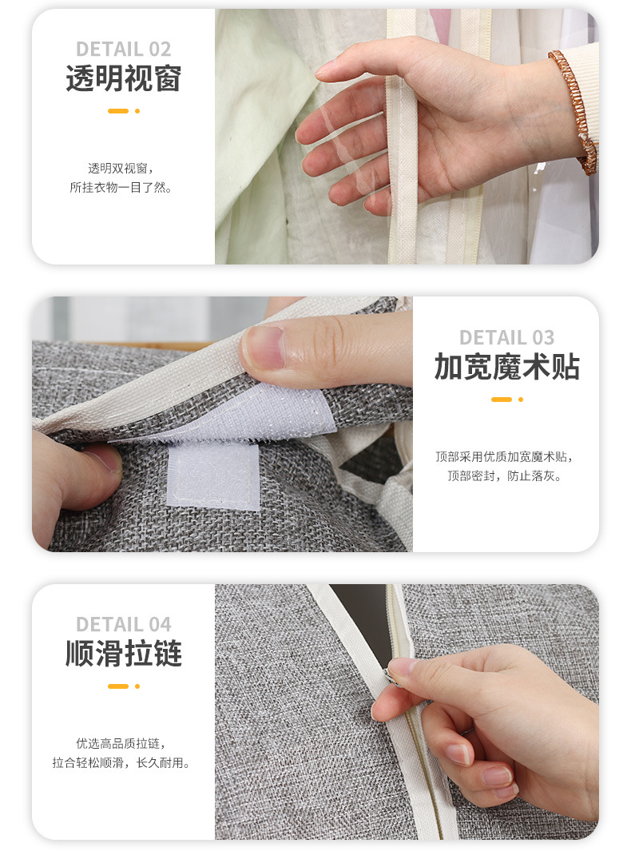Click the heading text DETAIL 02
coord(123,50)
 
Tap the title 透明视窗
coord(123,78)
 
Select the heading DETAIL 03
coord(506,337)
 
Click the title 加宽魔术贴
coord(506,367)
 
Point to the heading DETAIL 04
coord(123,624)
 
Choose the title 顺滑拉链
coord(123,653)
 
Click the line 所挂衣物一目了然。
coord(121,188)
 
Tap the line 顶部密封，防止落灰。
coord(505,475)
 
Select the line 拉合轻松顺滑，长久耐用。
coord(121,763)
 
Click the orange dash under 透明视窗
coord(117,111)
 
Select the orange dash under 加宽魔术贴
coord(501,400)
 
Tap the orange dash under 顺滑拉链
coord(117,686)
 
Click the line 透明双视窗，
coord(121,168)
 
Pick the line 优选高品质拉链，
coord(121,744)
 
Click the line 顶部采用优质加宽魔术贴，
coord(505,457)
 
